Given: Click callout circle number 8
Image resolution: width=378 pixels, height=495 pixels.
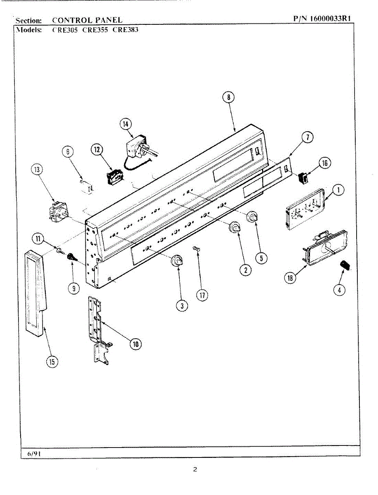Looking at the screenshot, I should [x=228, y=97].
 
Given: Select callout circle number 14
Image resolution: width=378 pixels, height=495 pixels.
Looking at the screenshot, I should [x=126, y=123].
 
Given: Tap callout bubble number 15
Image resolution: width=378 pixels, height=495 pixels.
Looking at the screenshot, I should [x=52, y=362].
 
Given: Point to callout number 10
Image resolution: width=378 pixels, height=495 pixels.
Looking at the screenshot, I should [x=135, y=343].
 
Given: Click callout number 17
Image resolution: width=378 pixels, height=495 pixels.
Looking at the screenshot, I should [x=202, y=295].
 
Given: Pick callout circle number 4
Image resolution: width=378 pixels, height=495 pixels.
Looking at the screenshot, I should [x=339, y=290].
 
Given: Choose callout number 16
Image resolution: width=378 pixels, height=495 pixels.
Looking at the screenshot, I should [x=324, y=163].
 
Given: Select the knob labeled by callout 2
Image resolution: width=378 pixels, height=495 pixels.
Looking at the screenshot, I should [x=235, y=226].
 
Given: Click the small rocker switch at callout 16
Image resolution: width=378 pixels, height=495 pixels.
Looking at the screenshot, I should [x=303, y=178].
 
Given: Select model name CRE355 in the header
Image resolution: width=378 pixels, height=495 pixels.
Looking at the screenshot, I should [x=95, y=30].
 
